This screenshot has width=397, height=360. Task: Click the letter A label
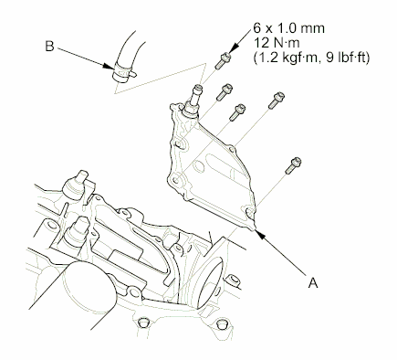pos(314,283)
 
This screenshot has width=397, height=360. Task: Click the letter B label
pos(47,42)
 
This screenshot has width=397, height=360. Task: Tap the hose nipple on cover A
pos(193,94)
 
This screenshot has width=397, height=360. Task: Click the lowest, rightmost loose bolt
pos(293,167)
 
